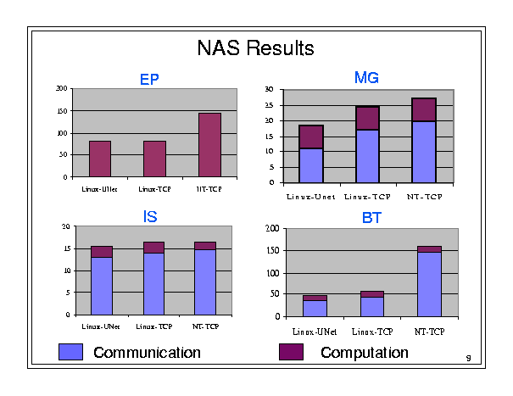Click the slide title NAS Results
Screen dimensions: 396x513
[255, 47]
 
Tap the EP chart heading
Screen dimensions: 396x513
[149, 81]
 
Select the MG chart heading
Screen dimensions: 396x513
[365, 79]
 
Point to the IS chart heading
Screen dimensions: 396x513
[149, 218]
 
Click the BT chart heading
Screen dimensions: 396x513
[371, 219]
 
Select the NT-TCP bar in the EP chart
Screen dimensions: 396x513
[209, 145]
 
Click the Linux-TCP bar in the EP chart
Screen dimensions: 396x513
[154, 159]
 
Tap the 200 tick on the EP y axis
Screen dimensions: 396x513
[61, 88]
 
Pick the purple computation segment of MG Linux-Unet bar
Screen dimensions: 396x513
[311, 137]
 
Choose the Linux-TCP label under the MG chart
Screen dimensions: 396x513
[366, 197]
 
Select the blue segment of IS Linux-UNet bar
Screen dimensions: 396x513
[102, 286]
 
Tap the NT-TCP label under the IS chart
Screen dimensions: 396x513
[205, 326]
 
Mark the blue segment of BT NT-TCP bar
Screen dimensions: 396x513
[429, 284]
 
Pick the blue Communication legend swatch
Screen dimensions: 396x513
[70, 352]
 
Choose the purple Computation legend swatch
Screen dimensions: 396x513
[292, 352]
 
